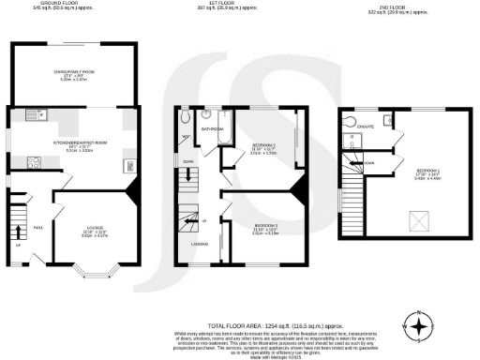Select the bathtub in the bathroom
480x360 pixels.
click(x=225, y=141)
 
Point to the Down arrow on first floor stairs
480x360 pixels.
click(x=187, y=161)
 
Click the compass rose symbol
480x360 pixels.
click(x=419, y=326)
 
